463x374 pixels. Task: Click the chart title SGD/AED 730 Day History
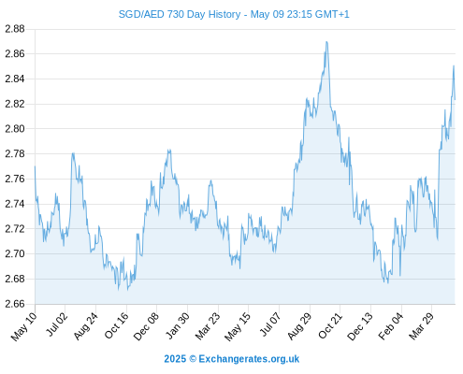click(180, 14)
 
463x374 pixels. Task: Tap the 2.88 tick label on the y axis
click(15, 29)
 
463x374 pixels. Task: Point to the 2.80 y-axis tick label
click(15, 129)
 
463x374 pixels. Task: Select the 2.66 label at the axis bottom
click(15, 304)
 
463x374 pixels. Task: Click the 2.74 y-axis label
click(15, 204)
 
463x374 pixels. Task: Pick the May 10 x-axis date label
click(24, 326)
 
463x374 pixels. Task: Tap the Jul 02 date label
click(56, 324)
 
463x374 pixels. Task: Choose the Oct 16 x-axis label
click(116, 325)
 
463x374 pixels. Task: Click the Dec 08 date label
click(146, 326)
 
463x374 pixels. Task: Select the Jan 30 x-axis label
click(177, 325)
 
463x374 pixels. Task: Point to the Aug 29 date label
click(299, 326)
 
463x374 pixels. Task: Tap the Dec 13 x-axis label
click(360, 326)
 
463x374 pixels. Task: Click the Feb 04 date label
click(391, 326)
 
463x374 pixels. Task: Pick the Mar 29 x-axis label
click(421, 326)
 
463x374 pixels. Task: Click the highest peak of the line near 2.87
click(326, 42)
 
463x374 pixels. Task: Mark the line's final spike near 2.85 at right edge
click(454, 65)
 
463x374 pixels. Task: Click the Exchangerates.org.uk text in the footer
click(249, 359)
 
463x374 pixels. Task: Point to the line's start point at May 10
click(35, 166)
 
